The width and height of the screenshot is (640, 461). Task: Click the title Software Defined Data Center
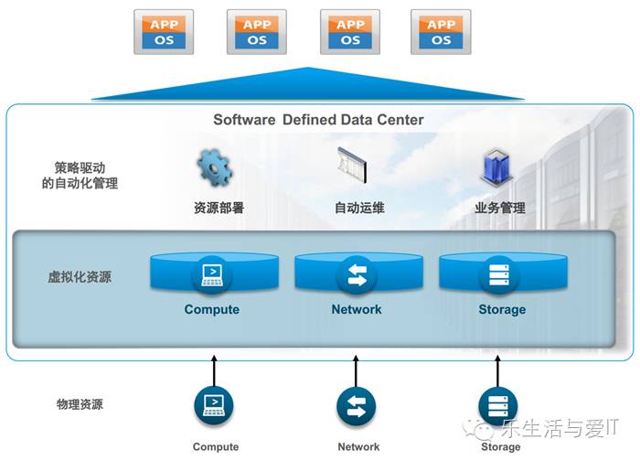click(x=318, y=120)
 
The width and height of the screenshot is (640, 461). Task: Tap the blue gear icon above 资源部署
click(x=215, y=167)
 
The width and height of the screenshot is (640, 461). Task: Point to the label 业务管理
click(x=500, y=208)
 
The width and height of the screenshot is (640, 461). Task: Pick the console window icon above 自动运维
click(x=353, y=167)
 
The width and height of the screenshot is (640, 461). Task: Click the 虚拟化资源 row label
click(x=80, y=276)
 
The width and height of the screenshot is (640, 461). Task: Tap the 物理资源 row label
click(x=80, y=404)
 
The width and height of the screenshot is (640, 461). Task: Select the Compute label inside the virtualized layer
click(x=212, y=309)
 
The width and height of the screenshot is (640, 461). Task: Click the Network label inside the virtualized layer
click(x=357, y=309)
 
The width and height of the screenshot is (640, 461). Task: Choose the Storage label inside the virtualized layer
click(x=502, y=309)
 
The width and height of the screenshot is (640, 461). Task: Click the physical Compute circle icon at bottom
click(x=214, y=405)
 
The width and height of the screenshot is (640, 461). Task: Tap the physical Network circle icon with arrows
click(x=357, y=405)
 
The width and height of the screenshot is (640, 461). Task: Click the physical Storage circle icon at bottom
click(x=498, y=405)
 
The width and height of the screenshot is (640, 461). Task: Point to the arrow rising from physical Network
click(x=357, y=370)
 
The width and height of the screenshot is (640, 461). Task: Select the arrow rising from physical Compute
click(x=214, y=370)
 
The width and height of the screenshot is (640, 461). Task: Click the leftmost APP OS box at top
click(x=164, y=32)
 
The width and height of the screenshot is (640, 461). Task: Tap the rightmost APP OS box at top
click(x=441, y=32)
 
